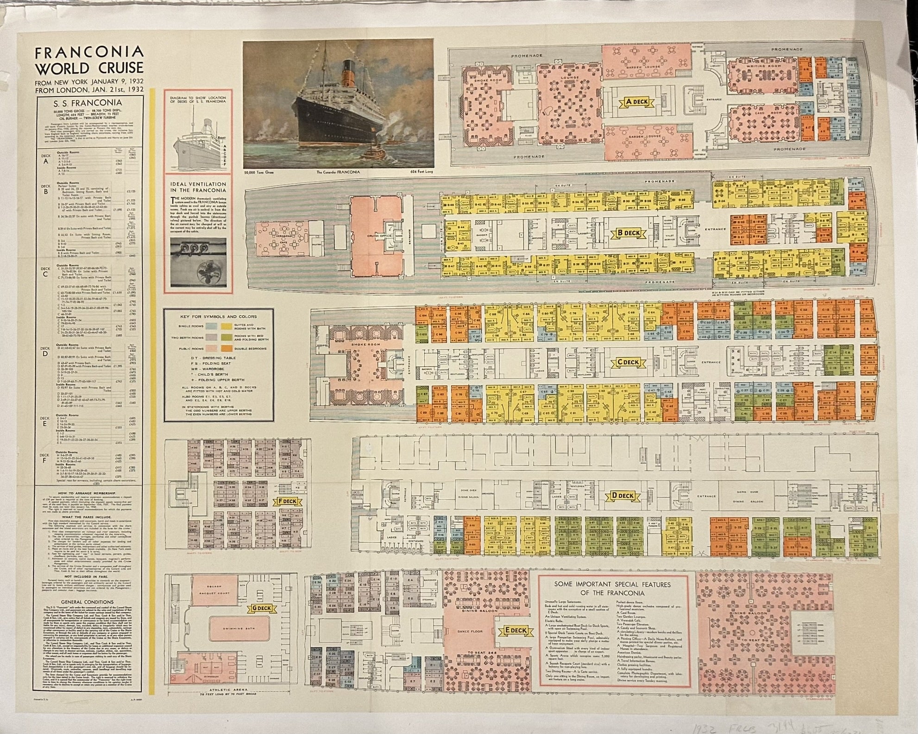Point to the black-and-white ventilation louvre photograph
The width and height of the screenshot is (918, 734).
point(198,262)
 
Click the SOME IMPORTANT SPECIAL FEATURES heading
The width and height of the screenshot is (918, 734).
point(614,588)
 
